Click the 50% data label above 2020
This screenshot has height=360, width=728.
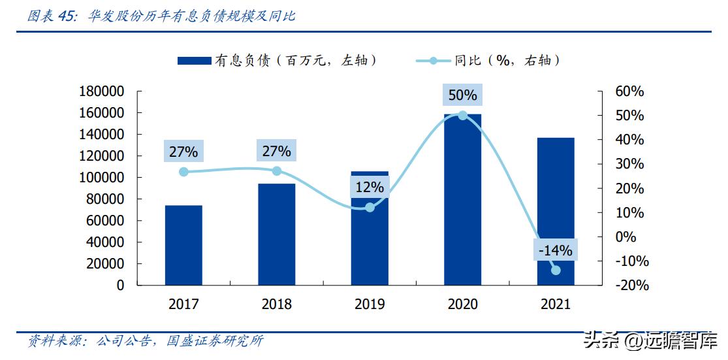(x=462, y=95)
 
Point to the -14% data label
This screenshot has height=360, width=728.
(x=555, y=250)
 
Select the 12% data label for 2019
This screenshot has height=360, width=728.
(x=370, y=188)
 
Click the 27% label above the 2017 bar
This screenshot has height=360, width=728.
(x=183, y=152)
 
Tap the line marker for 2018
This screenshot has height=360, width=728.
(x=277, y=171)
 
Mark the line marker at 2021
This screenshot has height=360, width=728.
(x=556, y=270)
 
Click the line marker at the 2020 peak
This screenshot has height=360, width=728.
(x=462, y=115)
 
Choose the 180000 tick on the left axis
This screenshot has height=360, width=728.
(x=101, y=91)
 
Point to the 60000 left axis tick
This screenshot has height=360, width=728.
(x=104, y=221)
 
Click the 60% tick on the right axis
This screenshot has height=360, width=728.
(x=629, y=91)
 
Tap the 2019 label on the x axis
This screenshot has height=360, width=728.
(x=370, y=304)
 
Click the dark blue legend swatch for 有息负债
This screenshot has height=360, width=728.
(x=194, y=61)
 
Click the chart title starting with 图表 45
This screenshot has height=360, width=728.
(x=161, y=16)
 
